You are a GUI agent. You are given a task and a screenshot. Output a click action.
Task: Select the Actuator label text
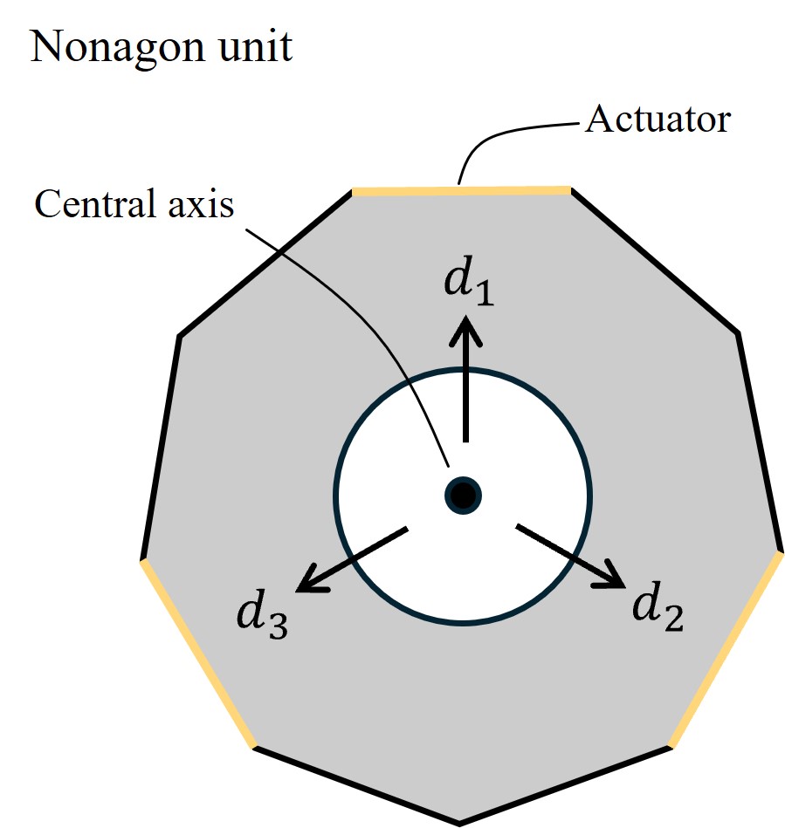coord(657,119)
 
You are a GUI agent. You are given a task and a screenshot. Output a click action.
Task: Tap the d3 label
coord(262,616)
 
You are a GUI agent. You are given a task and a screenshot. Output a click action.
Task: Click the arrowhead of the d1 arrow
coord(465,329)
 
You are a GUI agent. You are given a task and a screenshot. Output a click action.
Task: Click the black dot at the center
coord(462,496)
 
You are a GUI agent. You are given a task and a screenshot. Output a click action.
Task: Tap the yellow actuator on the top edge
coord(460,189)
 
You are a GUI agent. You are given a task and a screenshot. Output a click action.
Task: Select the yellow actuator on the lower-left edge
coord(197,653)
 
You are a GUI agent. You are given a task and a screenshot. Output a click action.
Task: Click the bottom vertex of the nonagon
coord(460,822)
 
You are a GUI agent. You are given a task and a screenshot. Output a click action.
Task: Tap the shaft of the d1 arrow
coord(465,393)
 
